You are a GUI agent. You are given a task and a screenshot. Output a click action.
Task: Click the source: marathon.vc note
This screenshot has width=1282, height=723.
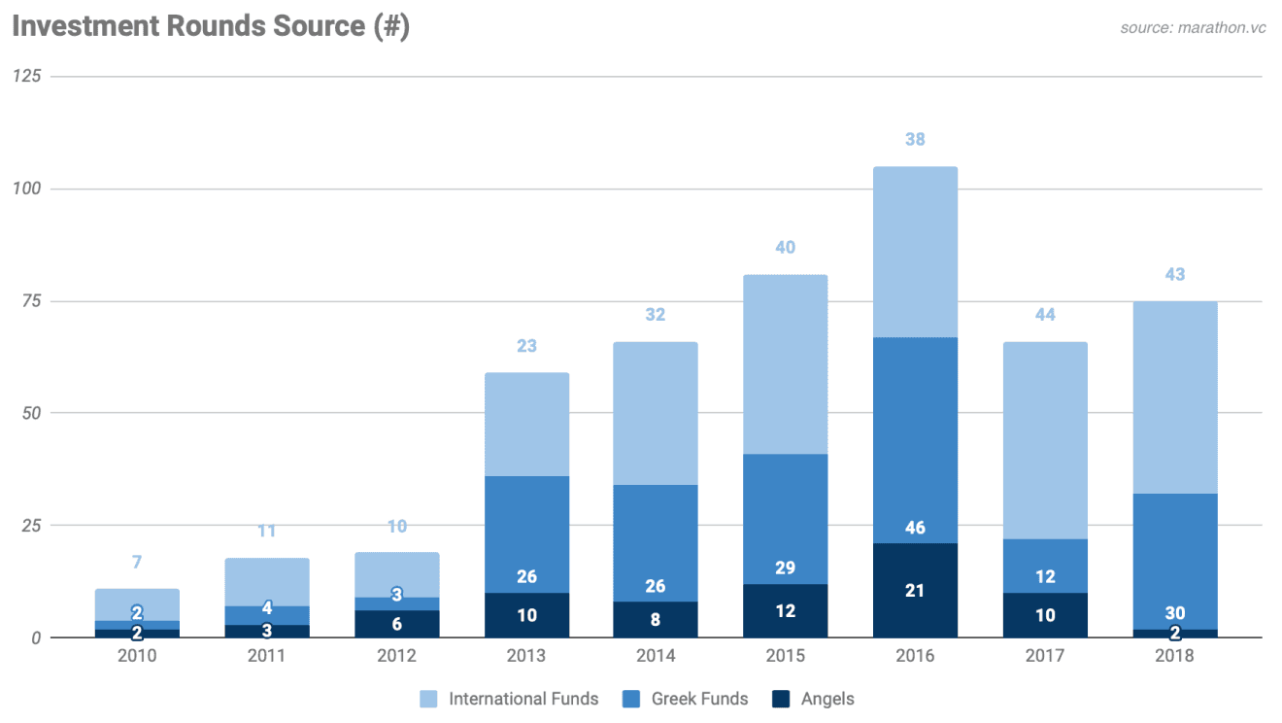(x=1193, y=27)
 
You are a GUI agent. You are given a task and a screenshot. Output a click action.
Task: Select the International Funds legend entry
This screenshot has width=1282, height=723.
(x=511, y=699)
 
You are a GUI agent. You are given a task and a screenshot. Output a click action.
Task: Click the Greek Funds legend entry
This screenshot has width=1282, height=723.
(x=687, y=699)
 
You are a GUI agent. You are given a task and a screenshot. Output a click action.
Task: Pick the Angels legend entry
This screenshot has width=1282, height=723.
(x=814, y=699)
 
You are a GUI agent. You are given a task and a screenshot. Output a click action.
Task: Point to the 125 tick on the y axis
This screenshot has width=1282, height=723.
(x=26, y=76)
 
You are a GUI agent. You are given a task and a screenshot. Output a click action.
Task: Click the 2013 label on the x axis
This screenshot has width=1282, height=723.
(x=526, y=656)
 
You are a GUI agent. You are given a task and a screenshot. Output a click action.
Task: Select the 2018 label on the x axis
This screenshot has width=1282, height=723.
(x=1174, y=656)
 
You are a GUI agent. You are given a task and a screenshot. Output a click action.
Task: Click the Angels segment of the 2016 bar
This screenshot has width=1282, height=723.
(x=915, y=590)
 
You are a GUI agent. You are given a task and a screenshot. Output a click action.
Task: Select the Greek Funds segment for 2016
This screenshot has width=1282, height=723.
(x=915, y=437)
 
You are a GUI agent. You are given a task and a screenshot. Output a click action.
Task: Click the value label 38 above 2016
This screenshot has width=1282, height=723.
(x=915, y=140)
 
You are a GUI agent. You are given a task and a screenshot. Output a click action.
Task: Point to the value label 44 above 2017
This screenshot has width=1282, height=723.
(x=1045, y=315)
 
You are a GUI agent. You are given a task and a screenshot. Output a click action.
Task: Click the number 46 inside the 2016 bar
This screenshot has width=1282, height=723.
(x=915, y=529)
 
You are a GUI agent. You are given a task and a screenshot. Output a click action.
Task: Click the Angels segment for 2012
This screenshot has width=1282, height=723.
(x=396, y=624)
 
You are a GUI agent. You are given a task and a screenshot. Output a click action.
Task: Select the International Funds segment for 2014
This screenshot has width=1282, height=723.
(x=656, y=413)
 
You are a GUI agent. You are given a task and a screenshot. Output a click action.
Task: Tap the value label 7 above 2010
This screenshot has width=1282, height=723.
(x=137, y=563)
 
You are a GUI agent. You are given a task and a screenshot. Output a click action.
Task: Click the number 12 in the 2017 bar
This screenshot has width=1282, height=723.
(x=1045, y=576)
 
